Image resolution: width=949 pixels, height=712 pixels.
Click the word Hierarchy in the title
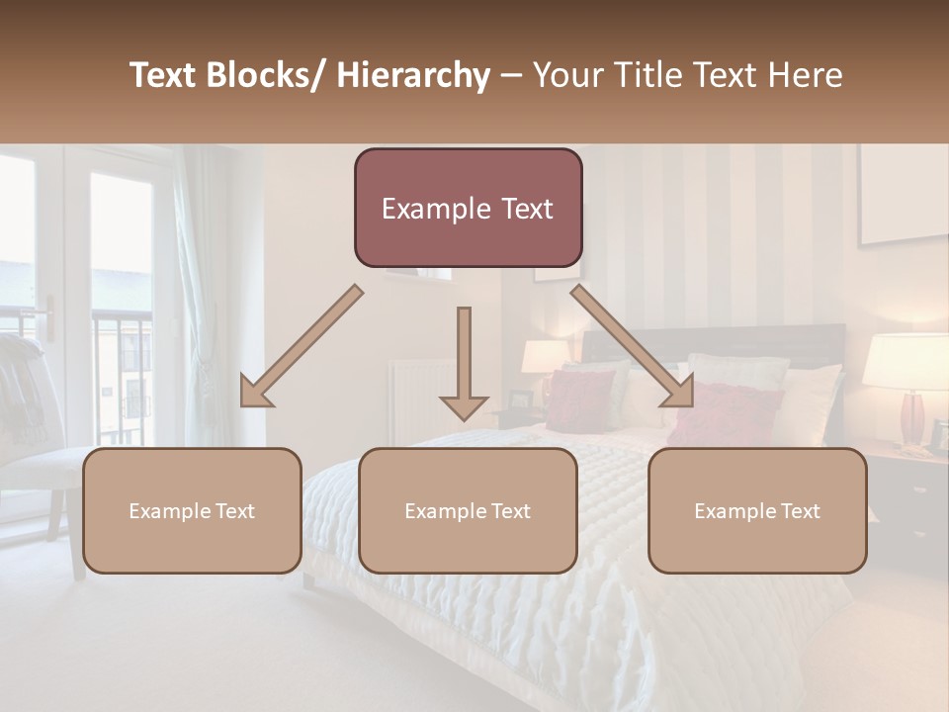coord(413,75)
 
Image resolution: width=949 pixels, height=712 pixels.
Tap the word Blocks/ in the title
coord(268,75)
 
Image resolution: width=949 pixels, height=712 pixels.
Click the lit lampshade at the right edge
coord(905,362)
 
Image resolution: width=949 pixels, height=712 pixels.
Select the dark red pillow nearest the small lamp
coord(581,400)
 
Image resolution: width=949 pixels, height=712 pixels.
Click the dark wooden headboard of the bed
coord(712,341)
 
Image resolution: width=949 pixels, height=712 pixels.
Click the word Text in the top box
coord(522,209)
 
